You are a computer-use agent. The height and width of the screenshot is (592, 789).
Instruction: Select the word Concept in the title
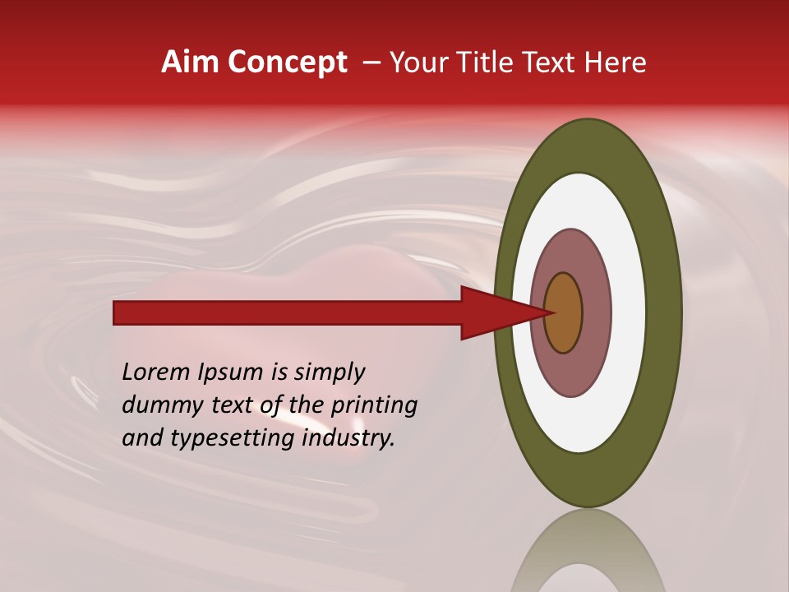point(287,62)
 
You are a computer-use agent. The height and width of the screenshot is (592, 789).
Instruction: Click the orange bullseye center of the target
point(563,313)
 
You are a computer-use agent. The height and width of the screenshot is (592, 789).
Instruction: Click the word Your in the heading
point(416,62)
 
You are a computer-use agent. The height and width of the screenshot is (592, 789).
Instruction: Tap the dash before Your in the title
point(371,62)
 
